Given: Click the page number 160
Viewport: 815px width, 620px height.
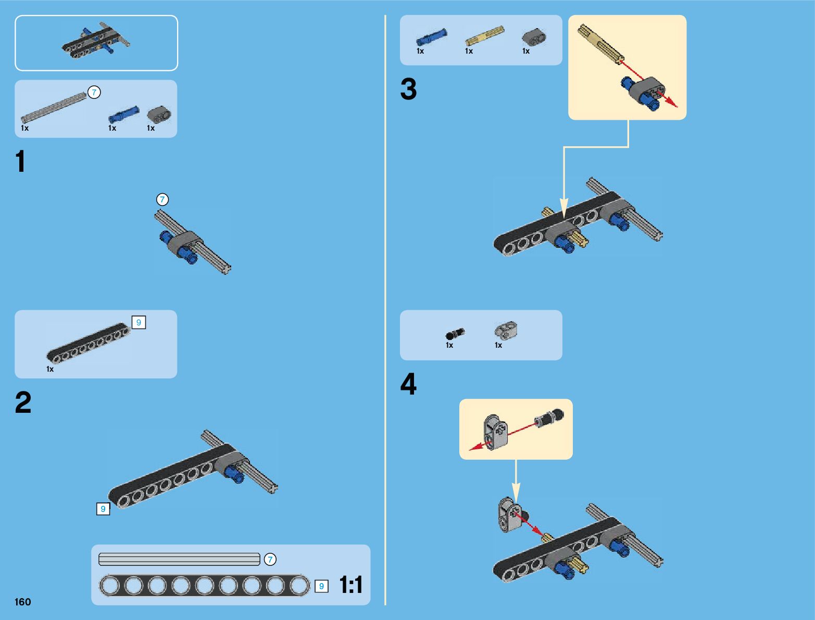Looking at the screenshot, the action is pyautogui.click(x=22, y=602).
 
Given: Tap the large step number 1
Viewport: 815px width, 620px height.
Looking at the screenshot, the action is pyautogui.click(x=20, y=161).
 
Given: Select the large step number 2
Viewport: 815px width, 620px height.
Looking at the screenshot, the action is pyautogui.click(x=23, y=402).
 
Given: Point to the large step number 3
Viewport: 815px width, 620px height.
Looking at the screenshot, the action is pyautogui.click(x=408, y=89).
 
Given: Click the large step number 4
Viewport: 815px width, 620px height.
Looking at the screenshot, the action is pyautogui.click(x=408, y=384).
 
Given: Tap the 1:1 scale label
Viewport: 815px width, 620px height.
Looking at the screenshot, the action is pyautogui.click(x=351, y=585).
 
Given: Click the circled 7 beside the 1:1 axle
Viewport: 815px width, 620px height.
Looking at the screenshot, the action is pyautogui.click(x=270, y=559).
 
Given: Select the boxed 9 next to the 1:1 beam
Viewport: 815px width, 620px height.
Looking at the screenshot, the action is pyautogui.click(x=321, y=586).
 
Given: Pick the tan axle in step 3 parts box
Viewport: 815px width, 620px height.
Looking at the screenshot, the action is pyautogui.click(x=485, y=35).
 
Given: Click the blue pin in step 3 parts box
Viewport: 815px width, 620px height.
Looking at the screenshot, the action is pyautogui.click(x=431, y=37).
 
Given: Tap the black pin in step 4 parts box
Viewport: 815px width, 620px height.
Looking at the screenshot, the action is pyautogui.click(x=455, y=334).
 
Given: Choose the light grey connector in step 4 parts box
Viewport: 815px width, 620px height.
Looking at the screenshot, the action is pyautogui.click(x=506, y=331).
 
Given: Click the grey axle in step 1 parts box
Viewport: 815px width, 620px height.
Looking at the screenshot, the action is pyautogui.click(x=54, y=108).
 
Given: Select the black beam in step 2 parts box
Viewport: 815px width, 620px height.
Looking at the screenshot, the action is pyautogui.click(x=89, y=343).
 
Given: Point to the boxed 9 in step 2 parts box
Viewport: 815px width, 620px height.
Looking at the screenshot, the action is pyautogui.click(x=139, y=322).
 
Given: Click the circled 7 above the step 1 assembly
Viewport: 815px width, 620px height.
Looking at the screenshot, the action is pyautogui.click(x=162, y=199).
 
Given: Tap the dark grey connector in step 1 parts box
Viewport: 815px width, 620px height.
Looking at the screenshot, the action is pyautogui.click(x=159, y=115).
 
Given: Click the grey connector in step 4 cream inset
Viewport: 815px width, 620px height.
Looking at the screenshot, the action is pyautogui.click(x=496, y=432).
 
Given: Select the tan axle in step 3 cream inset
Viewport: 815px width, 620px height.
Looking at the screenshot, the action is pyautogui.click(x=600, y=44).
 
